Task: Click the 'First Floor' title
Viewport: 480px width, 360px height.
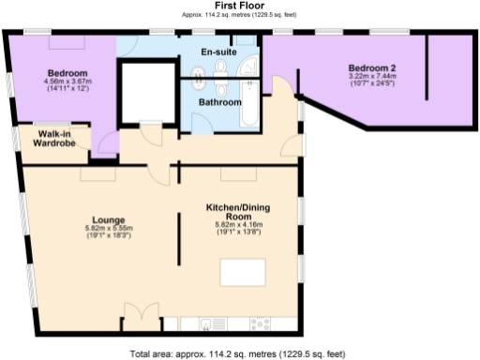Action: (x=240, y=5)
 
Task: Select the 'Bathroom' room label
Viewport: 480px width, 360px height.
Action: (x=218, y=102)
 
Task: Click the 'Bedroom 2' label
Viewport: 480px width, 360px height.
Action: (x=373, y=67)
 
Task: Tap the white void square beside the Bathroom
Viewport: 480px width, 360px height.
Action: (x=147, y=91)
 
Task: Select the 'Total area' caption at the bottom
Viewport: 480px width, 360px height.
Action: (x=240, y=353)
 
